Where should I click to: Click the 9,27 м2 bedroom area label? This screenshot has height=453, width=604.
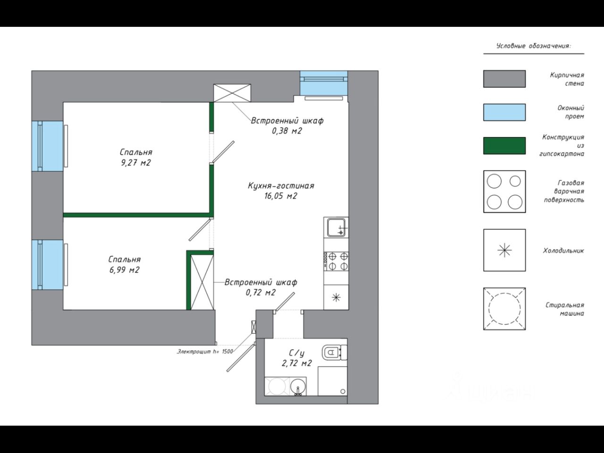tap(135, 158)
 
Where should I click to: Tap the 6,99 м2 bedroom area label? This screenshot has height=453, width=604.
tap(124, 265)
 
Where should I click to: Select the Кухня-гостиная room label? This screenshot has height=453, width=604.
tap(281, 191)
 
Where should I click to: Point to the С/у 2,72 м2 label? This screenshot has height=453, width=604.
tap(296, 358)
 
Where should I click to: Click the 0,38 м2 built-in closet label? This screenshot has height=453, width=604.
tap(287, 126)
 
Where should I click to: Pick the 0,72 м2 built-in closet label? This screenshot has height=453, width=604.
tap(260, 287)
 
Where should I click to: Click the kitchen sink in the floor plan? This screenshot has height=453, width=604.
tap(336, 227)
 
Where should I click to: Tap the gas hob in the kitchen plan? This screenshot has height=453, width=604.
tap(336, 261)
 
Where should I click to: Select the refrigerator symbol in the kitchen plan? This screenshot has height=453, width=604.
tap(336, 297)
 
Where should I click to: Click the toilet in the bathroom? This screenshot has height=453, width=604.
tap(334, 352)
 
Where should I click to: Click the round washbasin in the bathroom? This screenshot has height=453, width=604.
tap(298, 386)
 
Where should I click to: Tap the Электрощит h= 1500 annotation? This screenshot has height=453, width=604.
tap(205, 352)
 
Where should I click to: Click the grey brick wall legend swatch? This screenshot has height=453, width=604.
tap(504, 79)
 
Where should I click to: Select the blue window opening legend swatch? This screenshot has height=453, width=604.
tap(504, 112)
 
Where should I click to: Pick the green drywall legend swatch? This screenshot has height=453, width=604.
tap(504, 146)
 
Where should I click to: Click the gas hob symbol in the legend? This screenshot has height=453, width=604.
tap(504, 192)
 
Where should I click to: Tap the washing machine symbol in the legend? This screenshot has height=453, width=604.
tap(504, 309)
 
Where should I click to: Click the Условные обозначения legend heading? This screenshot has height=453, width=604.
tap(533, 46)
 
